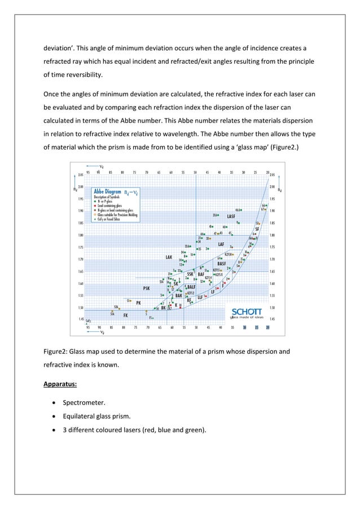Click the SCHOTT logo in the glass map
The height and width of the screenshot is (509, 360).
[x=247, y=311]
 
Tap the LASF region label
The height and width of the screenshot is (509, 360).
[x=231, y=216]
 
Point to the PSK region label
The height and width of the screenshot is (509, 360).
[x=146, y=288]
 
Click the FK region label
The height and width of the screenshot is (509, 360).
[x=126, y=315]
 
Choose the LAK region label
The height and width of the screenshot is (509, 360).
[x=168, y=257]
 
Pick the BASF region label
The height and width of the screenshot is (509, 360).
[x=221, y=264]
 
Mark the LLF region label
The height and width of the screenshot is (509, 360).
[x=200, y=296]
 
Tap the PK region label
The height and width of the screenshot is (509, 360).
[x=138, y=303]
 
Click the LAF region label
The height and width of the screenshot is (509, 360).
[x=221, y=244]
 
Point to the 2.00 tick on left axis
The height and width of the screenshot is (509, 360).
[x=81, y=187]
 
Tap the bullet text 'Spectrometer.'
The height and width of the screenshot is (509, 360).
[x=85, y=402]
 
